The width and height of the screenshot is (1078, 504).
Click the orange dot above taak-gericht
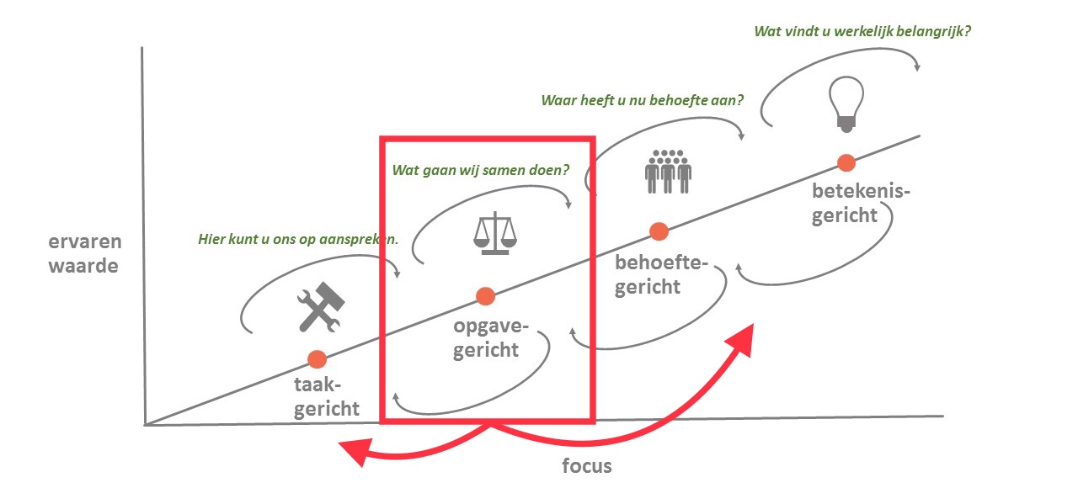317,359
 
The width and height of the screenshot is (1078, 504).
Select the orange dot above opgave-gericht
485,295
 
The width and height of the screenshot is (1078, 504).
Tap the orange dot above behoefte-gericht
659,231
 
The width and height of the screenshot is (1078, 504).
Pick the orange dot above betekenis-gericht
846,162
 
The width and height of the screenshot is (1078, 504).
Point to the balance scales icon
493,232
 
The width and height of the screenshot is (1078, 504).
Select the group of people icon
668,171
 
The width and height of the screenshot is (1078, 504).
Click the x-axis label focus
587,465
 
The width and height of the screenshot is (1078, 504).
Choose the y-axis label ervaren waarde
85,254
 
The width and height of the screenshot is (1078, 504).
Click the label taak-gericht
327,398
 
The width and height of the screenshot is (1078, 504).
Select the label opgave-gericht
486,337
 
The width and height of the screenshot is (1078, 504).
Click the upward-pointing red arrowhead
741,337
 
